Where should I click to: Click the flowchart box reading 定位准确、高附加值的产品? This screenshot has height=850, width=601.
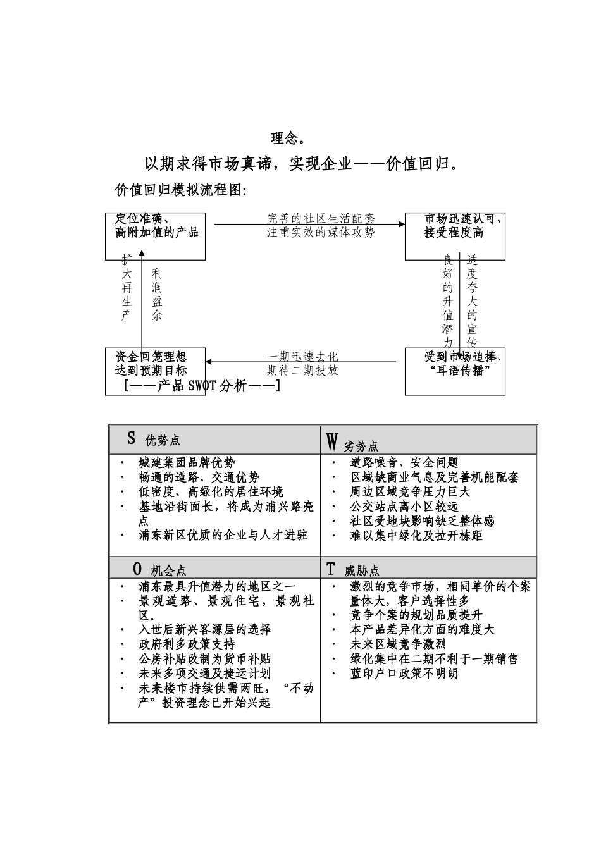pos(155,236)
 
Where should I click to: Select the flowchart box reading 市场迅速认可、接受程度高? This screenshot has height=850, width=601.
pos(455,236)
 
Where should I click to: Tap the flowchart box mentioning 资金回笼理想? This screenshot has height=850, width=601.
pos(155,371)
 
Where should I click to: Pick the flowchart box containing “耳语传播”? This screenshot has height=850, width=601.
pos(455,371)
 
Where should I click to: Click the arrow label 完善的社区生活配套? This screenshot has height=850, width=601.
pos(321,219)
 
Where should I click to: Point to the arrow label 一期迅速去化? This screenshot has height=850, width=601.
pos(302,357)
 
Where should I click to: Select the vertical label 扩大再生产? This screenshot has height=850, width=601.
pos(127,287)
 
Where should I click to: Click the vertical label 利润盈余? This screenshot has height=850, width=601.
pos(157,294)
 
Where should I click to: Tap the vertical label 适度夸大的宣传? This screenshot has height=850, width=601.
pos(472,301)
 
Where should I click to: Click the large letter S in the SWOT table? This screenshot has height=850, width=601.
pos(131,438)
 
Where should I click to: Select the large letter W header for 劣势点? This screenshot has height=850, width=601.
pos(332,441)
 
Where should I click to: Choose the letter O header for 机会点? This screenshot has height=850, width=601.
pos(137,569)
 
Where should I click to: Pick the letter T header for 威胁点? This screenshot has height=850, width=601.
pos(330,569)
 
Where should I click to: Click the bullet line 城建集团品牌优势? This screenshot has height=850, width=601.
pos(187,463)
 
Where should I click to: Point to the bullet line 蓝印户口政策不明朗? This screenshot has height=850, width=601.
pos(404,673)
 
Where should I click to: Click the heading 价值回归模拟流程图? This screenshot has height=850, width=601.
pos(180,190)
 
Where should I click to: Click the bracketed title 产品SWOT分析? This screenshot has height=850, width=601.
pos(202,385)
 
